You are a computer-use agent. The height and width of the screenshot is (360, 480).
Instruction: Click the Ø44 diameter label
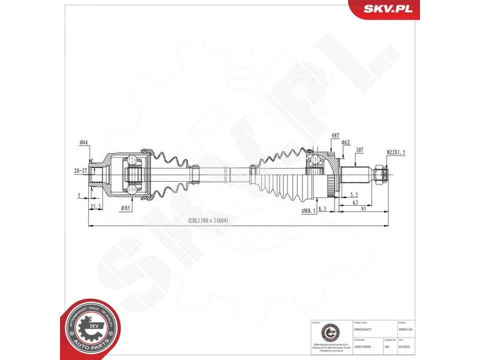pyautogui.click(x=83, y=142)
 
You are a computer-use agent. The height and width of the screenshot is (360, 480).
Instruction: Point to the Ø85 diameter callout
pyautogui.click(x=125, y=208)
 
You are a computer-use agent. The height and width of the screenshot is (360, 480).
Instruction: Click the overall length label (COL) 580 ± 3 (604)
pyautogui.click(x=208, y=220)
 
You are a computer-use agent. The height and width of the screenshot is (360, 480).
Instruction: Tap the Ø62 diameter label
pyautogui.click(x=346, y=142)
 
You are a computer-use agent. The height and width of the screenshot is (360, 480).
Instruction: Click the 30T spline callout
pyautogui.click(x=360, y=149)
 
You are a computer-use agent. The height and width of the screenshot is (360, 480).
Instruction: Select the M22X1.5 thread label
pyautogui.click(x=395, y=152)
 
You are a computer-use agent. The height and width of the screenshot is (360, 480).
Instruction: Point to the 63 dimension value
pyautogui.click(x=355, y=203)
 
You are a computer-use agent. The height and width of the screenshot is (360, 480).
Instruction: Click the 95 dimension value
pyautogui.click(x=364, y=209)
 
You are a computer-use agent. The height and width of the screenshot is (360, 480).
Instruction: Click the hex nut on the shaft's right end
pyautogui.click(x=380, y=175)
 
